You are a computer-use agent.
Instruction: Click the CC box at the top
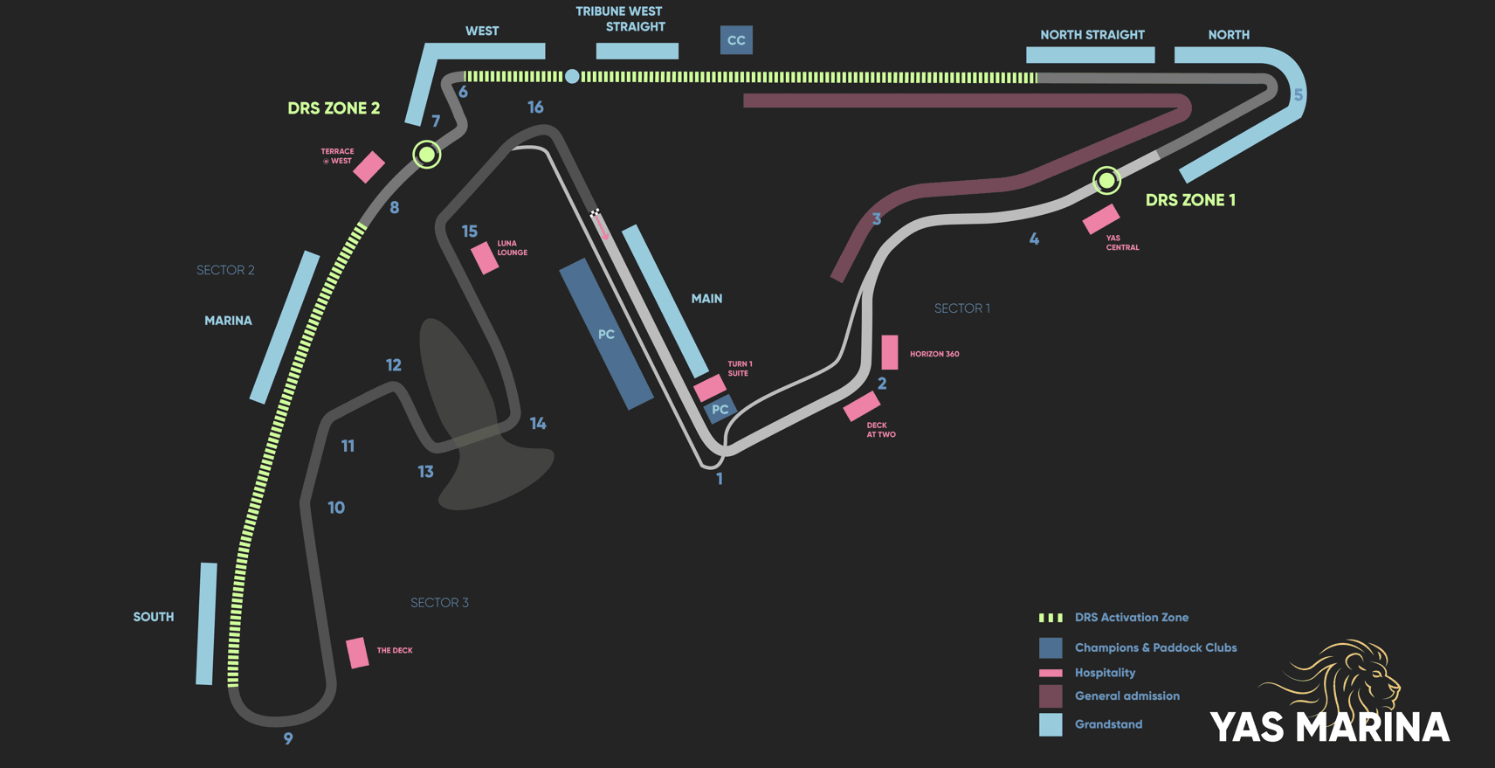click(736, 40)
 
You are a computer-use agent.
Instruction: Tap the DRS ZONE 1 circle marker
click(1106, 180)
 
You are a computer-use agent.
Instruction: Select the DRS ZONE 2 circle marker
click(427, 155)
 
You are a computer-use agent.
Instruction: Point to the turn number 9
click(288, 739)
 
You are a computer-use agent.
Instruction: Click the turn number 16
click(535, 107)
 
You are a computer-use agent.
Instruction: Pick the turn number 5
click(1299, 95)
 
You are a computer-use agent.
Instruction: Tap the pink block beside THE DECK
click(357, 653)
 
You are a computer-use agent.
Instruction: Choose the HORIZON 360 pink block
click(890, 352)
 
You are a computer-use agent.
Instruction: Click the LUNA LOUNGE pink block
click(484, 259)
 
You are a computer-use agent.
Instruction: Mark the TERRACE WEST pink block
click(369, 167)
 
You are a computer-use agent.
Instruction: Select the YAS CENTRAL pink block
click(1101, 218)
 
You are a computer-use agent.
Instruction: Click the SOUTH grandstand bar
click(207, 623)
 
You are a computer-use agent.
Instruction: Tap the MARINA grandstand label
click(228, 321)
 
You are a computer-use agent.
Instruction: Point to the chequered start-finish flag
click(595, 212)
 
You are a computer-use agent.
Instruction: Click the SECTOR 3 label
click(439, 603)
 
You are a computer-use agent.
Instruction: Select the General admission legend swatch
click(1051, 696)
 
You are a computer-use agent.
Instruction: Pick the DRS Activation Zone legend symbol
click(1051, 618)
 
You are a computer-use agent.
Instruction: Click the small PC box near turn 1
click(720, 409)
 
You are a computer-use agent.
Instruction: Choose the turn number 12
click(394, 365)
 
